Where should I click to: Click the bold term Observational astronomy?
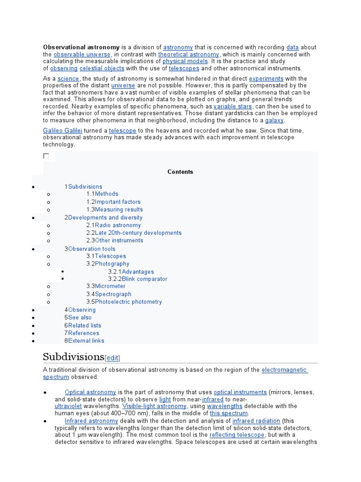(x=81, y=47)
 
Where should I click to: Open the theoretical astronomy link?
(x=188, y=54)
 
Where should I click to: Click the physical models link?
(x=185, y=61)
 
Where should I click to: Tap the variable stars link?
(x=233, y=106)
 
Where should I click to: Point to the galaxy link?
(x=274, y=120)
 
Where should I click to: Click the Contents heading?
(x=180, y=172)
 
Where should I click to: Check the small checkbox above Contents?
(x=46, y=156)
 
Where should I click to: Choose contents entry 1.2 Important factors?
(x=117, y=201)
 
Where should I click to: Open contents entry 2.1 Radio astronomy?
(x=117, y=225)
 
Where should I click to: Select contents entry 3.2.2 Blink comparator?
(x=144, y=279)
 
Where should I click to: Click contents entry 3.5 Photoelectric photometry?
(x=128, y=302)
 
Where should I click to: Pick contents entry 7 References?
(x=83, y=333)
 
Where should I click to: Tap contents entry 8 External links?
(x=86, y=340)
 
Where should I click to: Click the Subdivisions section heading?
(x=73, y=356)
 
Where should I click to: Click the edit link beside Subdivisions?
(x=112, y=357)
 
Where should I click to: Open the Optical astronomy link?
(x=90, y=392)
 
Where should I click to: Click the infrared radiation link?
(x=256, y=421)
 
